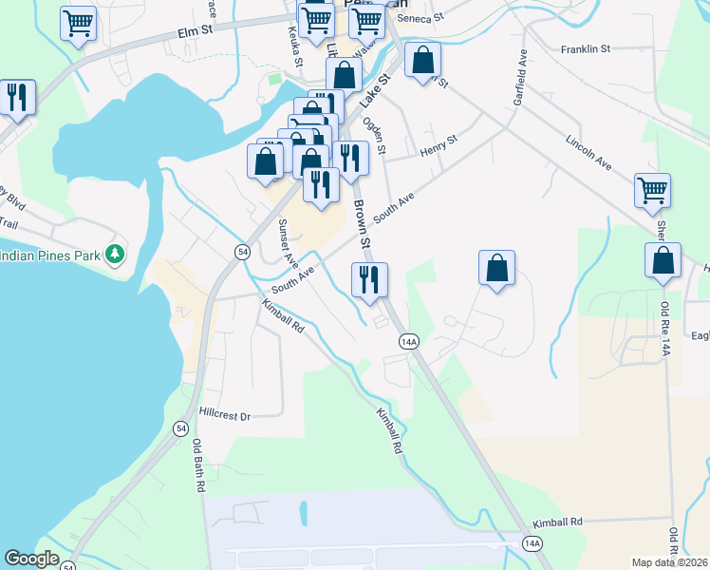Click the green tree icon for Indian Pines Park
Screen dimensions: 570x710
tap(116, 254)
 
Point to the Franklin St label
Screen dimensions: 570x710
tap(586, 48)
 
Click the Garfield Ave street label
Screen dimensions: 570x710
tap(521, 72)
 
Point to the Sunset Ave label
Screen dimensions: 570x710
tap(288, 242)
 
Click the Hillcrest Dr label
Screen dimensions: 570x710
tap(225, 415)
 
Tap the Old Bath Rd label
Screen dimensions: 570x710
tap(199, 465)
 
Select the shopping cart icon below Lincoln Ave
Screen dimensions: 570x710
tap(652, 190)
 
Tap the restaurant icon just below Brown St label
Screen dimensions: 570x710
tap(368, 278)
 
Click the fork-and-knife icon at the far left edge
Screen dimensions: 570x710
tap(17, 97)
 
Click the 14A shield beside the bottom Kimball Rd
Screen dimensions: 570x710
tap(532, 542)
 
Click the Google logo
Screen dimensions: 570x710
tap(31, 559)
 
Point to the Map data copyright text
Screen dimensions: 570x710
tap(669, 562)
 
